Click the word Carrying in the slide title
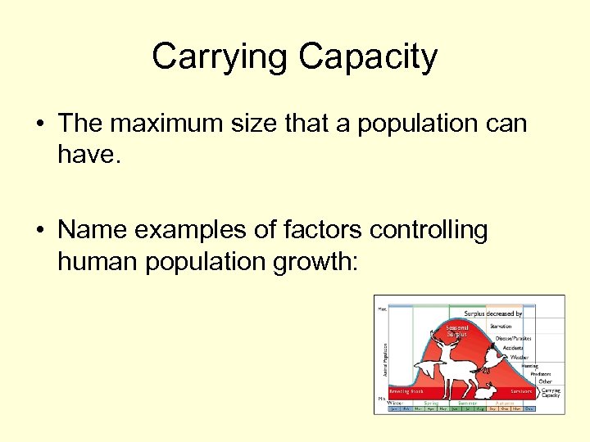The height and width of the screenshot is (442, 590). [220, 57]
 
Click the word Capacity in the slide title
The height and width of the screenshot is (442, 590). [368, 57]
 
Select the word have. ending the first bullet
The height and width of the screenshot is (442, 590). [89, 153]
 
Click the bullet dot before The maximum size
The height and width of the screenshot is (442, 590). [39, 124]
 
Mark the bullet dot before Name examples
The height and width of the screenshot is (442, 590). [39, 231]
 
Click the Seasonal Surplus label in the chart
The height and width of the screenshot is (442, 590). [456, 331]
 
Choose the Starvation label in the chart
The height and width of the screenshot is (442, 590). [501, 326]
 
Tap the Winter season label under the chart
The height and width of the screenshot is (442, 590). [395, 403]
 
